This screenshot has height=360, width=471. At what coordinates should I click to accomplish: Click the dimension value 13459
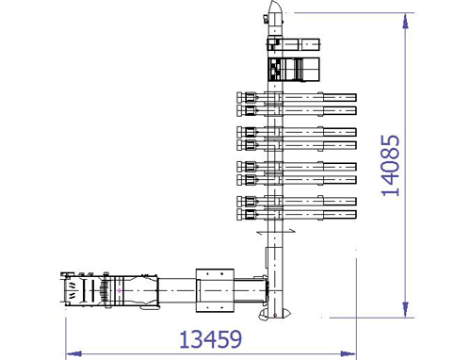tap(211, 339)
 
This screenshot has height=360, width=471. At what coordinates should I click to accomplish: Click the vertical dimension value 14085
tap(390, 166)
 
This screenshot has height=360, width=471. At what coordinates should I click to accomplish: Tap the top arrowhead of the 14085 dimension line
tap(405, 21)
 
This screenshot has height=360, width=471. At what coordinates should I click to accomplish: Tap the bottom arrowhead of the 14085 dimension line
tap(405, 309)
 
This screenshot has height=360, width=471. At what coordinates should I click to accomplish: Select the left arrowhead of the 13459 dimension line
tap(73, 354)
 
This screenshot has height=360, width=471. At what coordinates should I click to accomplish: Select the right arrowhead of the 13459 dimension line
tap(349, 354)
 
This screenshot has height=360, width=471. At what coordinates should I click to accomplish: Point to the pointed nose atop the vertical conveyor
tap(275, 7)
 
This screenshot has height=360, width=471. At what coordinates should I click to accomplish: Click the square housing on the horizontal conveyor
tap(215, 290)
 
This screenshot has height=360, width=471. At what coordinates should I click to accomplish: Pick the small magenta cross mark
tap(120, 291)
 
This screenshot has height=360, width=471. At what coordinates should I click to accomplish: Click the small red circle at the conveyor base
tap(275, 315)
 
